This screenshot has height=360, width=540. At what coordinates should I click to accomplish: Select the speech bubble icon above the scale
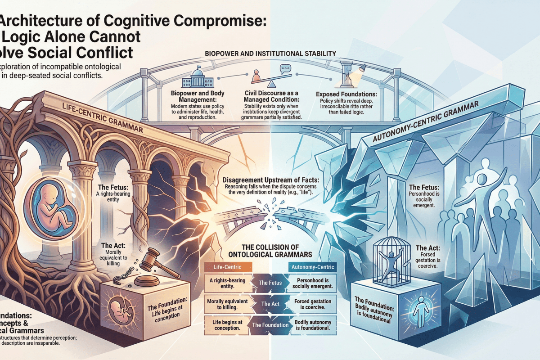point(285,69)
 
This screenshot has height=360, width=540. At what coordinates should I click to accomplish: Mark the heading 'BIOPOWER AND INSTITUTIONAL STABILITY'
point(270,54)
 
